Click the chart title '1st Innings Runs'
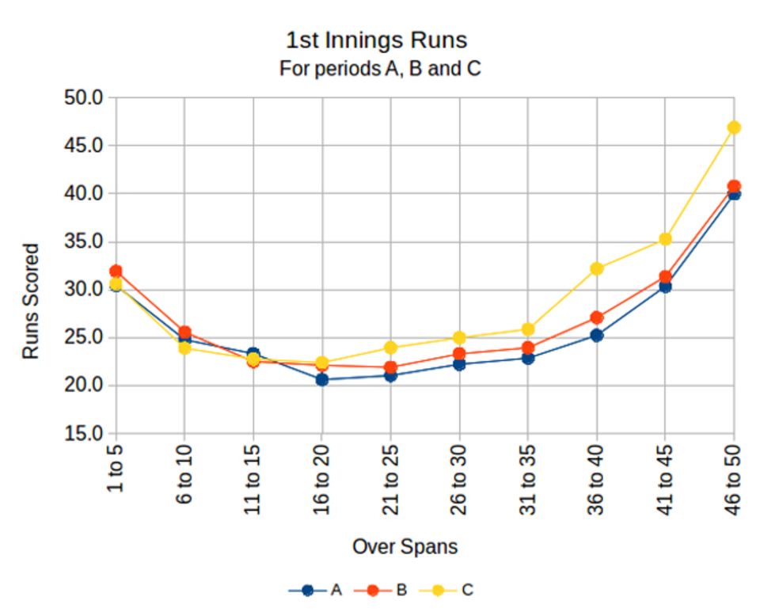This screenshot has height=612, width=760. tap(377, 40)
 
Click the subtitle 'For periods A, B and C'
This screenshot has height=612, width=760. tap(380, 68)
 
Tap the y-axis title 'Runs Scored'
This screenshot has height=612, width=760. tap(31, 301)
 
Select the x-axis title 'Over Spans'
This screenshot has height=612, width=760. tap(405, 546)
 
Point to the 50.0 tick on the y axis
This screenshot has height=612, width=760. tap(84, 97)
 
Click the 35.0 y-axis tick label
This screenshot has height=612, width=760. tap(84, 241)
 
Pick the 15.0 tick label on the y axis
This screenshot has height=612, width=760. tap(84, 433)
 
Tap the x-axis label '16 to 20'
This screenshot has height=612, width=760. tap(321, 479)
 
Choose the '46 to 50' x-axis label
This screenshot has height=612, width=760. tap(733, 479)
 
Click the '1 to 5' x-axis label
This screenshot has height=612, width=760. tap(115, 468)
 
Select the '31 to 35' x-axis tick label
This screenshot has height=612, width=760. tap(527, 479)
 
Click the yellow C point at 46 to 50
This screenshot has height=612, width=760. tap(734, 127)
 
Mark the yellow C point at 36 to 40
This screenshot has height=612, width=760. tap(597, 268)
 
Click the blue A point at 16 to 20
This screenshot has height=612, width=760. tap(322, 380)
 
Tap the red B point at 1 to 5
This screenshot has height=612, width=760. tap(116, 271)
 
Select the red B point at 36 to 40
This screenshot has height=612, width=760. tap(597, 317)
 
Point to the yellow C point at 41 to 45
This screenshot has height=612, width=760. tap(666, 239)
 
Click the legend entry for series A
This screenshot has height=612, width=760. tap(316, 590)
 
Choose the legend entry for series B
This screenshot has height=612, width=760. tap(381, 590)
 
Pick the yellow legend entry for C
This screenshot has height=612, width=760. tap(446, 590)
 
